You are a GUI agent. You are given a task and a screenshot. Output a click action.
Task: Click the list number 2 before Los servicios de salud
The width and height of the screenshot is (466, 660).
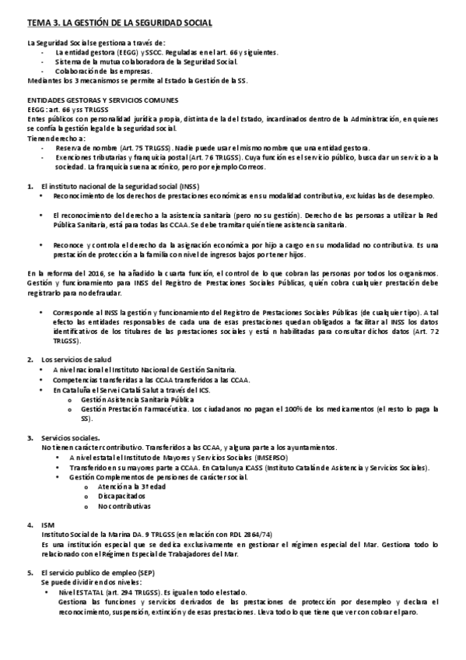point(30,359)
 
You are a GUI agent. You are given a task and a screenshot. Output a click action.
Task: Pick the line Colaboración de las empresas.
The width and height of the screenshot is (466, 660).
point(109,71)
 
